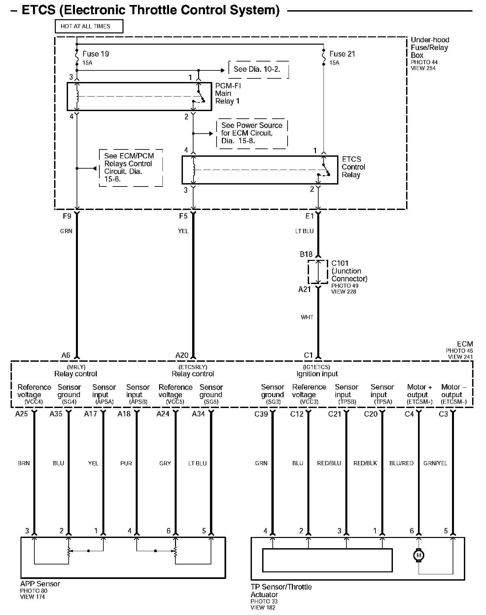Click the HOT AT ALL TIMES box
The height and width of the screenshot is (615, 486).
coord(89,26)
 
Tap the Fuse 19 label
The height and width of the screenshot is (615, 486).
coord(95,54)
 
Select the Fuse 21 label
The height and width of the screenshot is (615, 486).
coord(342,54)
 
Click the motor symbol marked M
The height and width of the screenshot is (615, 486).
coord(419,555)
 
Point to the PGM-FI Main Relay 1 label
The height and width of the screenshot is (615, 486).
coord(227,94)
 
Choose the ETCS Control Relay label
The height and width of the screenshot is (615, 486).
coord(353,167)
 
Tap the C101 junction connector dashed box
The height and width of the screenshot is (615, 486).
coord(318,272)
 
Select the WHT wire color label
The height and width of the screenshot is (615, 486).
coord(307,317)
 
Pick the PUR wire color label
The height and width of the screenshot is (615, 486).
coord(126,463)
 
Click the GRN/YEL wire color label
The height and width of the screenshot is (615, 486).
coord(435,463)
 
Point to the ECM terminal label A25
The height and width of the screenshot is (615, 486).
coord(21,414)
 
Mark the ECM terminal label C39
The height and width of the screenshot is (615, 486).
coord(261,414)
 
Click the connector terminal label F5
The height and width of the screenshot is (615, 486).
coord(183,216)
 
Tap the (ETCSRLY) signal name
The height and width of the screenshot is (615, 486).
coord(193,367)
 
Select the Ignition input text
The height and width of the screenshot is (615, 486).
coord(317,374)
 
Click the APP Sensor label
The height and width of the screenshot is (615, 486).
coord(40,584)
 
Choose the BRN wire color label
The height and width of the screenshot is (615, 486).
coord(24,463)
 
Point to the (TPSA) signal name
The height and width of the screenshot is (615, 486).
coord(383,402)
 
